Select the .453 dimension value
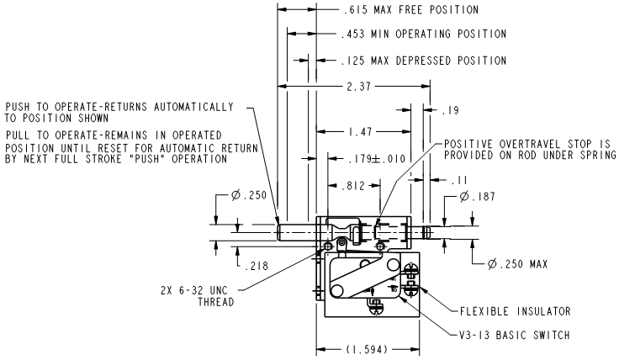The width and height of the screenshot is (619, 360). pos(352,34)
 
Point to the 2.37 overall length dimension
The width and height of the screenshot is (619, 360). pos(359,87)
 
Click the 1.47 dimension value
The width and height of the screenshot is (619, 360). pos(361,131)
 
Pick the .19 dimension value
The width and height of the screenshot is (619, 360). pos(451,110)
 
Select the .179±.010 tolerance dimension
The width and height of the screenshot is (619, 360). pos(377,159)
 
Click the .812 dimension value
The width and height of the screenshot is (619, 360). pos(353,186)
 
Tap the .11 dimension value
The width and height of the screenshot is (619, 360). pos(460,181)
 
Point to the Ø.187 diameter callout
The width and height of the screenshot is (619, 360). pos(477,196)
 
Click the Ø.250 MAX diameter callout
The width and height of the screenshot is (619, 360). pos(517,263)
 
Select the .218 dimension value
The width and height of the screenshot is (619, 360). pos(257,266)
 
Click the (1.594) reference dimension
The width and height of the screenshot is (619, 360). pos(368,349)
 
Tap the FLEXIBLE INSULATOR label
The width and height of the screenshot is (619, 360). pos(516,311)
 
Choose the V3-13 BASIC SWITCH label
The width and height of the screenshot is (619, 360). pos(515,335)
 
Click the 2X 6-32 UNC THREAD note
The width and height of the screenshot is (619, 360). pos(198,296)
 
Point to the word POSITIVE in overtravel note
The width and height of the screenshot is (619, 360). pos(468,144)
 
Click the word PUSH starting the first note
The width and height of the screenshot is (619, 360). pos(19,107)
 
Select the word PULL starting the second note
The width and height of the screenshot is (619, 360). pos(19,135)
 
